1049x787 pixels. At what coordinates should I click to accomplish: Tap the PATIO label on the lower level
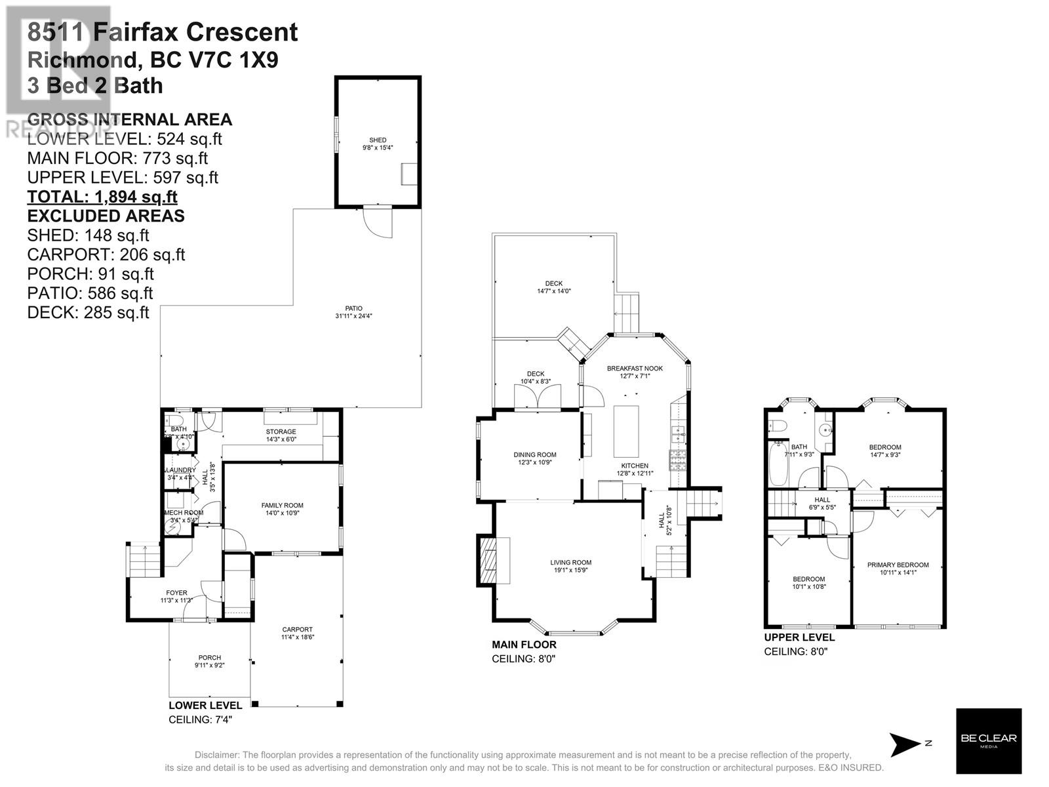tap(354, 312)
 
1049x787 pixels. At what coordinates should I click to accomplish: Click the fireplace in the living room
tap(487, 561)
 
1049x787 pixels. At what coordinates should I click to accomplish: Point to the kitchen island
tap(626, 432)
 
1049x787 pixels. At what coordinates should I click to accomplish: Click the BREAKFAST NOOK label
tap(635, 372)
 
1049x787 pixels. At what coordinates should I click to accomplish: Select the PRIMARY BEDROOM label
tap(898, 568)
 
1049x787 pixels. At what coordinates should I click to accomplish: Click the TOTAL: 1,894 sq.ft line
tap(102, 197)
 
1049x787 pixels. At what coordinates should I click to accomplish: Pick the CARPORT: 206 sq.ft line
tap(106, 254)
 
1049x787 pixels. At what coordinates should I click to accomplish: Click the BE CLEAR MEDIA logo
tap(989, 741)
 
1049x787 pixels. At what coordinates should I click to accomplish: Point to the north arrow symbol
tap(907, 744)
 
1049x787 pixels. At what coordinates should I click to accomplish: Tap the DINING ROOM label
tap(535, 458)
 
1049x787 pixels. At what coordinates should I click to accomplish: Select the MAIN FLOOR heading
tap(524, 645)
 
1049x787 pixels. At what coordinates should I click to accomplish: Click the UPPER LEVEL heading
tap(799, 637)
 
